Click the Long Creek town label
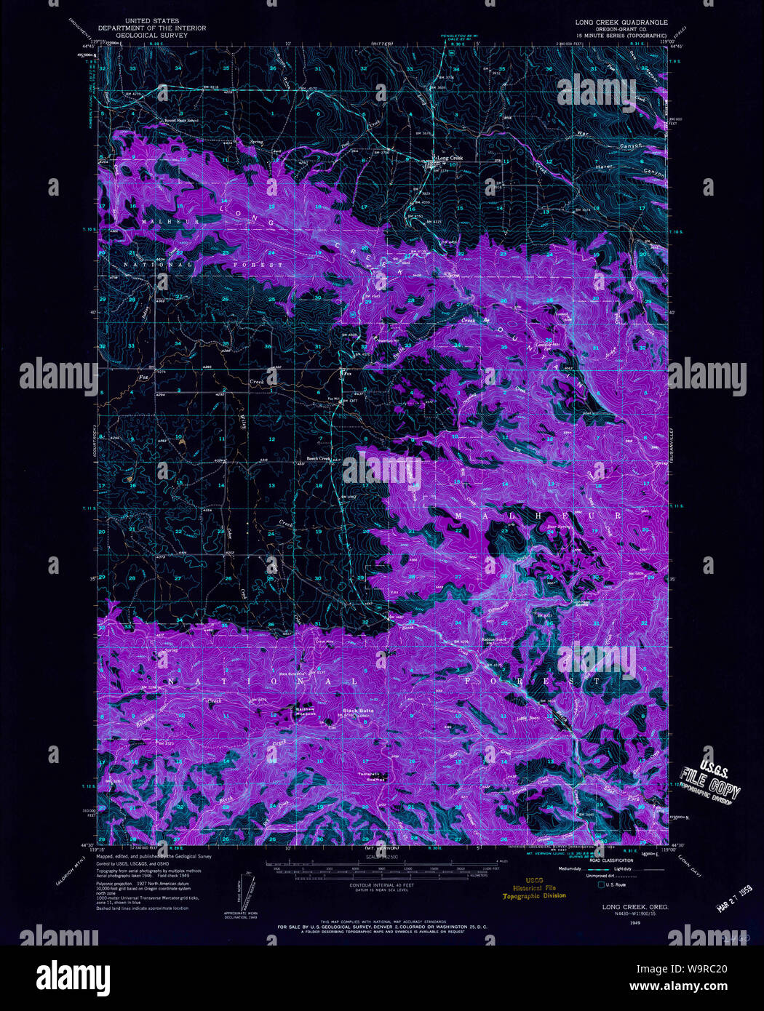coord(449,158)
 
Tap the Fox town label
coord(348,375)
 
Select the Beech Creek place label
coord(318,458)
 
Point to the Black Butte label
coord(358,710)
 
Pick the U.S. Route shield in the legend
coord(600,884)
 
